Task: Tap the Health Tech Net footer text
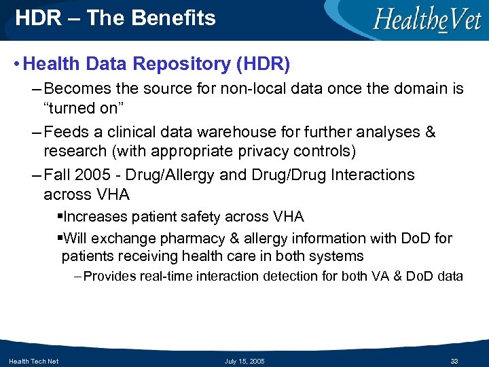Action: point(33,361)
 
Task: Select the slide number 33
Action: point(455,361)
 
